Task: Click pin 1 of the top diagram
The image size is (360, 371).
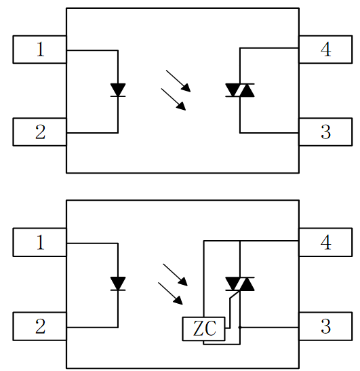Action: pyautogui.click(x=39, y=50)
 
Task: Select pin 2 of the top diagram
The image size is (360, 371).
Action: pyautogui.click(x=39, y=132)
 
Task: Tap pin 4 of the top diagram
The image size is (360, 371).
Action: pyautogui.click(x=325, y=50)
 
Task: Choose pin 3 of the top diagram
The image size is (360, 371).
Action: pyautogui.click(x=325, y=132)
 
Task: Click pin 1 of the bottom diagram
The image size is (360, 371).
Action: pyautogui.click(x=39, y=242)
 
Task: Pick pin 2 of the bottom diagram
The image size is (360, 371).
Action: pyautogui.click(x=39, y=326)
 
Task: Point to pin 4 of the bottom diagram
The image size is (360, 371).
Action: pyautogui.click(x=325, y=242)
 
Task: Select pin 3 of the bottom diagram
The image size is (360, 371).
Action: pyautogui.click(x=325, y=326)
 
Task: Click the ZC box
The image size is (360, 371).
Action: pyautogui.click(x=203, y=329)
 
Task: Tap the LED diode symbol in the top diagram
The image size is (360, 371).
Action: pyautogui.click(x=118, y=90)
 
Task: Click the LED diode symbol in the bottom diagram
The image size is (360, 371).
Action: pyautogui.click(x=118, y=284)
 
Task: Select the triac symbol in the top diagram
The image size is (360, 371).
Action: pyautogui.click(x=240, y=90)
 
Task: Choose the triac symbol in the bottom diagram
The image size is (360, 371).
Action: pyautogui.click(x=240, y=284)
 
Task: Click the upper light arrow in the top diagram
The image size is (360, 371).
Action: pyautogui.click(x=178, y=81)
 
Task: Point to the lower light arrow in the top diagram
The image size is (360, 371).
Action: pyautogui.click(x=174, y=100)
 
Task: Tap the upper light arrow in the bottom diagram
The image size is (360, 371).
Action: pyautogui.click(x=176, y=275)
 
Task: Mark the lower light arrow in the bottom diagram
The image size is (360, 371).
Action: pyautogui.click(x=170, y=294)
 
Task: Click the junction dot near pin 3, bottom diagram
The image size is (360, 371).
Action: pyautogui.click(x=240, y=328)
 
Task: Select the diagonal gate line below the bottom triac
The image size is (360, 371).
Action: pyautogui.click(x=235, y=295)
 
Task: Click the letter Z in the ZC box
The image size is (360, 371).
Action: pyautogui.click(x=198, y=328)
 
